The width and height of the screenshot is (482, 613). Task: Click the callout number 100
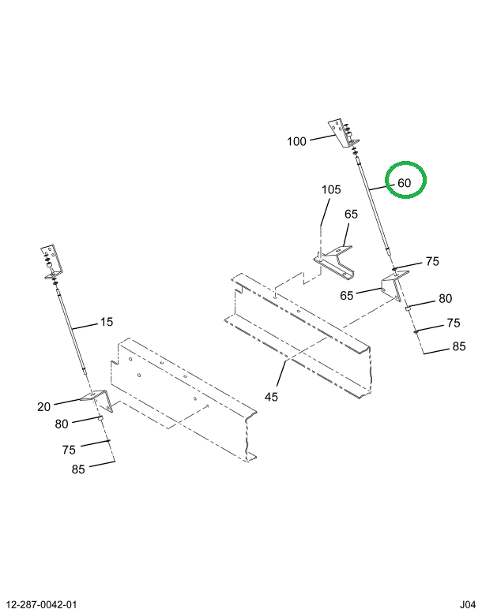point(296,142)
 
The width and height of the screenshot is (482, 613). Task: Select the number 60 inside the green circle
point(404,183)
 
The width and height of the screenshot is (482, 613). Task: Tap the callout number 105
point(331,190)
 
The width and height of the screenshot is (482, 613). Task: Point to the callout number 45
point(271,397)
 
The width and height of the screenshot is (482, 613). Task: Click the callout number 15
point(107,322)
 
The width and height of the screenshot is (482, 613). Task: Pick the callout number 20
point(43,407)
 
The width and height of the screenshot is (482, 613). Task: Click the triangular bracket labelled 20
point(94,398)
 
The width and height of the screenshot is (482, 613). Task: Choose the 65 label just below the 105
point(351,215)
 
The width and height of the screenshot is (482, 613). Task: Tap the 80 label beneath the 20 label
point(62,424)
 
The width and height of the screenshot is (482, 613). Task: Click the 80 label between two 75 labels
point(445,299)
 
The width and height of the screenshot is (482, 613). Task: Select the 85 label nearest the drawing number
point(77,469)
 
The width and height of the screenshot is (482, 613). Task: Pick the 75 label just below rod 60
point(431,262)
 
